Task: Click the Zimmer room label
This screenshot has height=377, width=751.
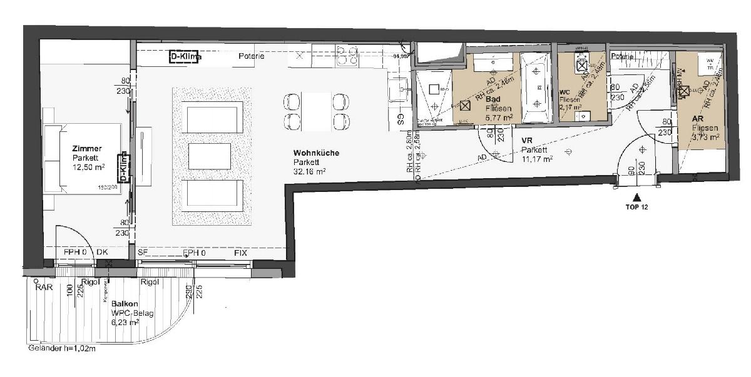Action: tap(86, 149)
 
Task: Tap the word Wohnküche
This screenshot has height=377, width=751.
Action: tap(317, 153)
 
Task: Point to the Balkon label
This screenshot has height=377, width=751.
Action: tap(125, 304)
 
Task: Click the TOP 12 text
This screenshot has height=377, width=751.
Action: tap(636, 207)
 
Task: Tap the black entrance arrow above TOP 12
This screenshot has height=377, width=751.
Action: tap(637, 198)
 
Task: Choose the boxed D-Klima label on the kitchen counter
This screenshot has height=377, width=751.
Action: tap(186, 58)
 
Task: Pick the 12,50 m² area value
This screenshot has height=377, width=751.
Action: tap(86, 168)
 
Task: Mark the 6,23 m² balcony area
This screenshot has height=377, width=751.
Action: tap(125, 322)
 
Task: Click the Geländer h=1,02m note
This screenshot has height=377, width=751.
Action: tap(61, 349)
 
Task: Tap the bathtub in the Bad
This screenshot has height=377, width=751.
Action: tap(535, 88)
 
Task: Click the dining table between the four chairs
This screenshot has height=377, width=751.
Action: tap(316, 111)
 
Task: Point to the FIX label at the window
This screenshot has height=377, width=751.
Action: tap(241, 253)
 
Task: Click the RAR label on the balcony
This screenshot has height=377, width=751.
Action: tap(44, 288)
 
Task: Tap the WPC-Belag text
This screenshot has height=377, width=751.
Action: tap(133, 313)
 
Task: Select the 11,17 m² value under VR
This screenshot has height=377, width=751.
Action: tap(538, 159)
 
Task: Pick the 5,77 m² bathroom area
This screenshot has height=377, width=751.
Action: tap(499, 117)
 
